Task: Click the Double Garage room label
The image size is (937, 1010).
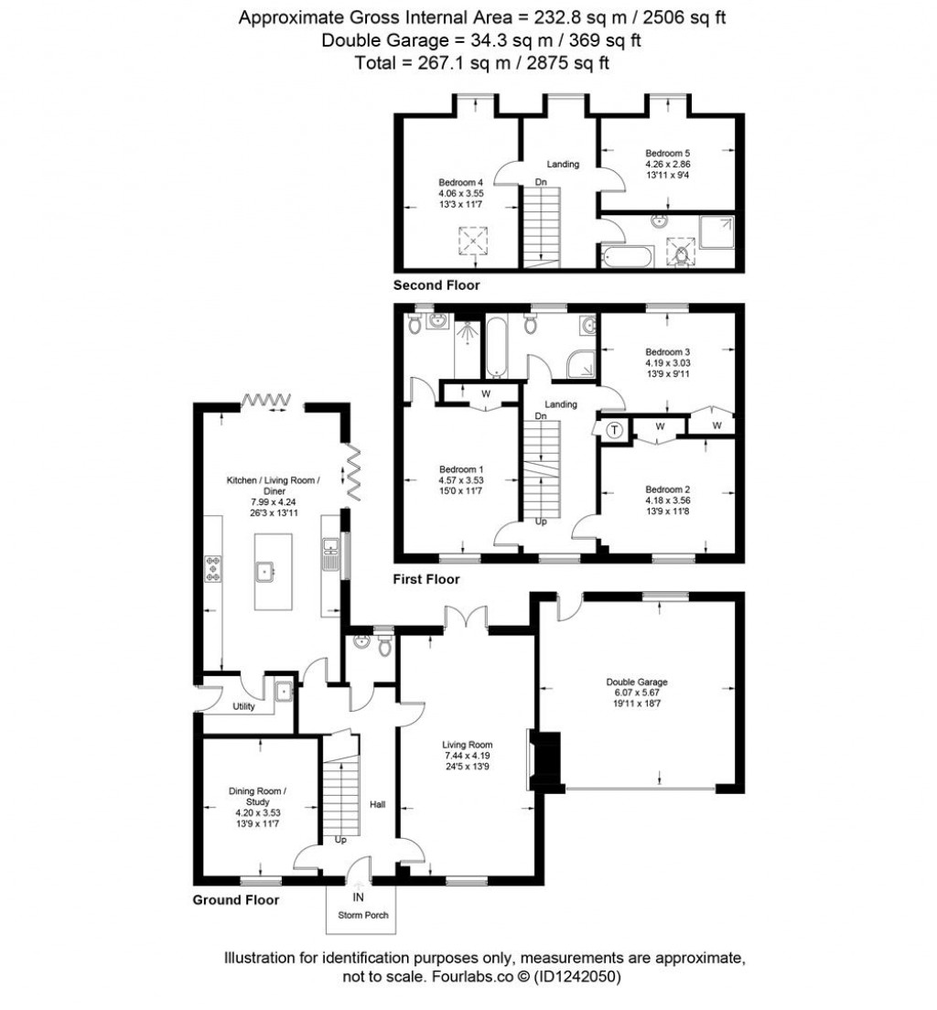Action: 636,682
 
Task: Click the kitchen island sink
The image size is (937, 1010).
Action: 267,572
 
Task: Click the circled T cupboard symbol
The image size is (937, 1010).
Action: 614,429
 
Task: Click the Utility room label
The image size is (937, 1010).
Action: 242,707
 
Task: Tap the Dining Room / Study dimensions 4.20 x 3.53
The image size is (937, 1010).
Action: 258,812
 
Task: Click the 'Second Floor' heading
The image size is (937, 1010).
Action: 436,285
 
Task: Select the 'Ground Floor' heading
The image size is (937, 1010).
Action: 235,899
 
